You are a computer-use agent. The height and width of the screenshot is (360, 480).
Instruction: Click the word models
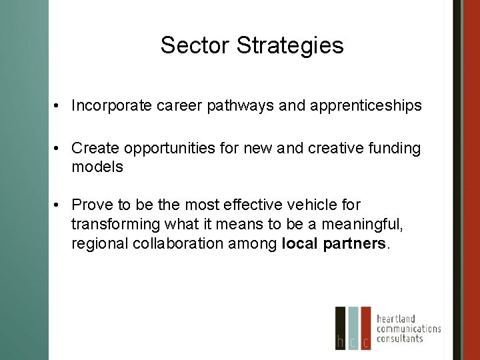97,167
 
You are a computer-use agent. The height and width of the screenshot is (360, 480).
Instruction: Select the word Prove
90,205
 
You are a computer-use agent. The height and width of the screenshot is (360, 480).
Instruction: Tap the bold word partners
353,243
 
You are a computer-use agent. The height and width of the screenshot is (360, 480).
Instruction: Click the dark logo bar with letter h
341,328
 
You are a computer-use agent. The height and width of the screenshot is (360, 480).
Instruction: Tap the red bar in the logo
366,328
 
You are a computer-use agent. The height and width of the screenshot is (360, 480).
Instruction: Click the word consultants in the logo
399,338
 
